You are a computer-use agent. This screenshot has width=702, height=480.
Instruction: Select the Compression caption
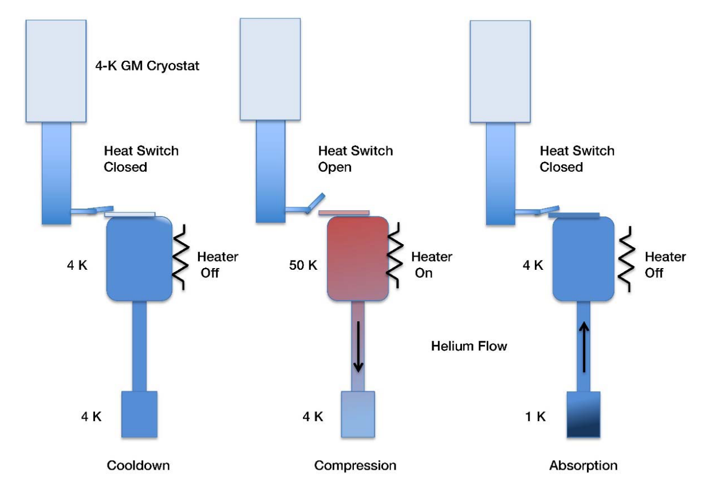click(x=355, y=465)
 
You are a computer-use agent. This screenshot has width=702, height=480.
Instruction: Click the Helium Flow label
click(x=469, y=346)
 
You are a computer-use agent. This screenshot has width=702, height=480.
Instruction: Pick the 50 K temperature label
click(x=305, y=266)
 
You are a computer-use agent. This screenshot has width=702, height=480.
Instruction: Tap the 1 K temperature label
click(x=535, y=416)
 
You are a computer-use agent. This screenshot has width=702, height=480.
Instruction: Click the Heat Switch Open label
click(x=356, y=159)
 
